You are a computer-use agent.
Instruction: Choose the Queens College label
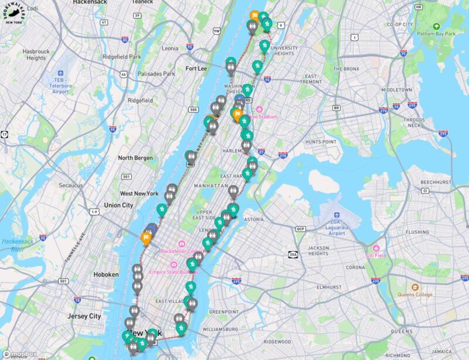click(415, 294)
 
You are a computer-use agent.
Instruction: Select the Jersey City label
click(86, 316)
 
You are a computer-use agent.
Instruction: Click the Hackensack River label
click(13, 245)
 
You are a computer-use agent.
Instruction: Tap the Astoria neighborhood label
click(253, 219)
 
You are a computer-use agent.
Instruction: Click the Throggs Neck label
click(414, 121)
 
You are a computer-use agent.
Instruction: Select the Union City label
click(118, 205)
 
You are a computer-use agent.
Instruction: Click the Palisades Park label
click(157, 74)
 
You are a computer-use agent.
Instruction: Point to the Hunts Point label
click(321, 142)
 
